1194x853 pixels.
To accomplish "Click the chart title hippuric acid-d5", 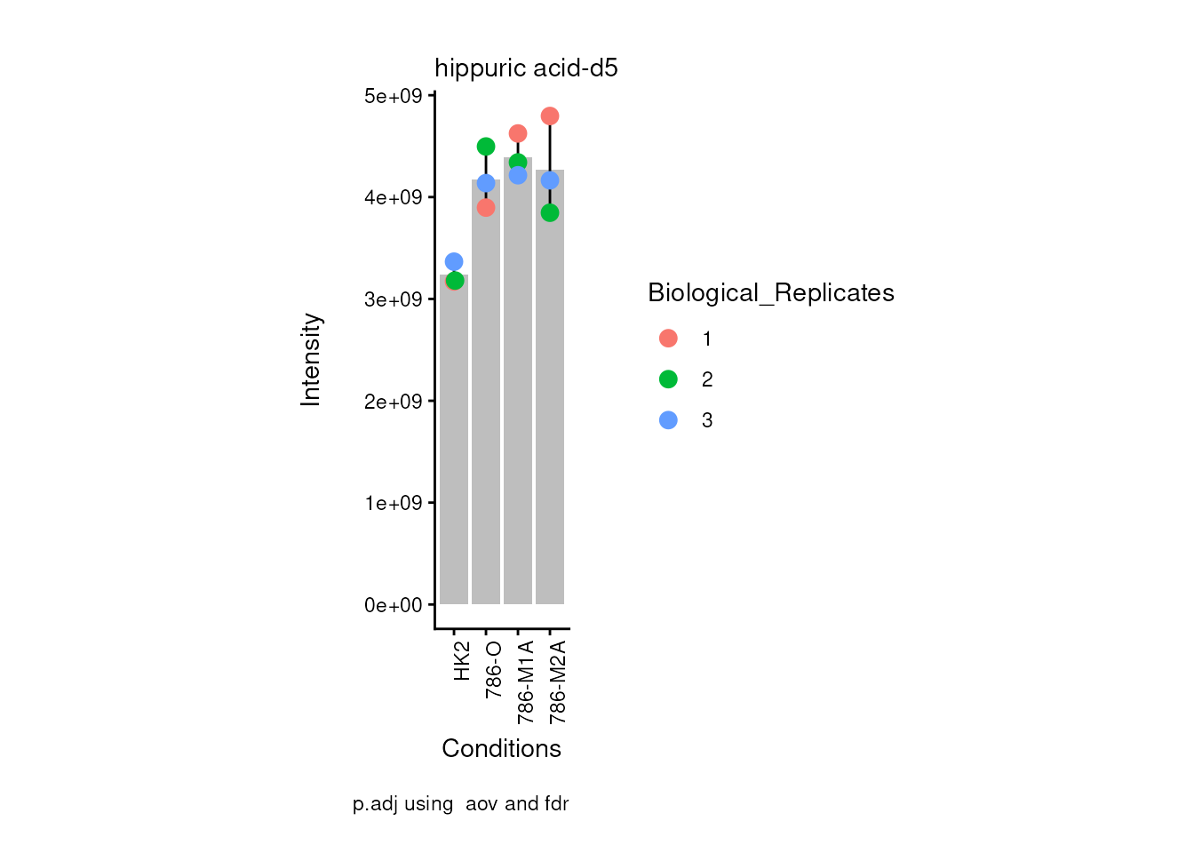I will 526,68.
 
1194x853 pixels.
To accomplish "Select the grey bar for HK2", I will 454,444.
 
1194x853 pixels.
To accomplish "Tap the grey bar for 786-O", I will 486,400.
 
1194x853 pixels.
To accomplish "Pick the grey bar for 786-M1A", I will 518,391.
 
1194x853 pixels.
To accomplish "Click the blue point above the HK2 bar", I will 454,261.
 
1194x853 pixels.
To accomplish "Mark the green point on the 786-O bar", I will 486,147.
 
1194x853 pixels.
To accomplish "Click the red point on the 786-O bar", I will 486,208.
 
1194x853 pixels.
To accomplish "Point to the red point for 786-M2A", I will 550,116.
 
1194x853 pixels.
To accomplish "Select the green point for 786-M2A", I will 550,212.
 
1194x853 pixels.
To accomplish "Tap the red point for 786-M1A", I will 518,134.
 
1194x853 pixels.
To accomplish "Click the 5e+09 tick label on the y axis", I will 393,96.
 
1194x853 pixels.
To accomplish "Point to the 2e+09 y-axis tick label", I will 393,402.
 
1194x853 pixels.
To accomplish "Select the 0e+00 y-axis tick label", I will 393,605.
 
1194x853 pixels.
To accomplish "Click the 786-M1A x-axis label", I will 526,682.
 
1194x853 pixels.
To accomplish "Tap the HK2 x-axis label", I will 462,661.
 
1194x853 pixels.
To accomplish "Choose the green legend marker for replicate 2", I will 668,379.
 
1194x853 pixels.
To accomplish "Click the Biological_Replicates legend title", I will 771,293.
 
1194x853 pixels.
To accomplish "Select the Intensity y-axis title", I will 311,359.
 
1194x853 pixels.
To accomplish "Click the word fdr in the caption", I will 557,804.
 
